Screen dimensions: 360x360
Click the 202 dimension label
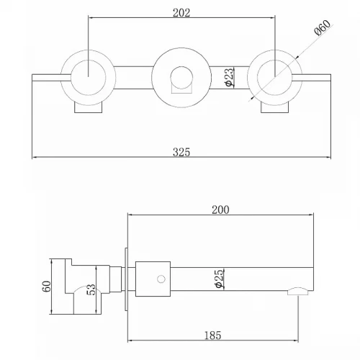(181, 13)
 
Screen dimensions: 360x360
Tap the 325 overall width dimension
(181, 152)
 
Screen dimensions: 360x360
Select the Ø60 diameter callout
(323, 28)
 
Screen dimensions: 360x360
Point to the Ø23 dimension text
(229, 77)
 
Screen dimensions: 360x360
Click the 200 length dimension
(220, 210)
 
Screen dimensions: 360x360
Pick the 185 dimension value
(212, 336)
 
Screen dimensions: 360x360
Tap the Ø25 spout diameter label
(220, 279)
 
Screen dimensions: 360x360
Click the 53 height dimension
(91, 289)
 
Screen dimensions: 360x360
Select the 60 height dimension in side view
(47, 287)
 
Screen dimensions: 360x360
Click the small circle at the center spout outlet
(181, 78)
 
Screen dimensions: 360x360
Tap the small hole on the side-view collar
(161, 279)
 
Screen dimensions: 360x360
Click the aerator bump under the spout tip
(298, 292)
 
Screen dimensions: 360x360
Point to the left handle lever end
(33, 78)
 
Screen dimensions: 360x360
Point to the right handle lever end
(330, 78)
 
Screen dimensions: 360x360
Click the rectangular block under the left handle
(89, 108)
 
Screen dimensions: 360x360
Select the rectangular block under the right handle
(274, 108)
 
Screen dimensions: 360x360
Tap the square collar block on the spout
(153, 279)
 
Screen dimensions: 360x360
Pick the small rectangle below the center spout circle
(181, 88)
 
